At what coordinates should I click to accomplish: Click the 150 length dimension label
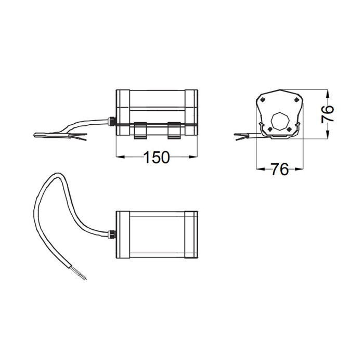pyautogui.click(x=157, y=157)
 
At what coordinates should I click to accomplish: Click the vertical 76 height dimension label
pyautogui.click(x=328, y=114)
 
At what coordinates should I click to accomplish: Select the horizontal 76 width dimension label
pyautogui.click(x=280, y=169)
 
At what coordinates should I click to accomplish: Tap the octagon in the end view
pyautogui.click(x=280, y=122)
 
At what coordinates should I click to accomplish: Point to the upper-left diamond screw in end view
pyautogui.click(x=263, y=100)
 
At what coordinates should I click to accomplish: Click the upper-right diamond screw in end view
pyautogui.click(x=296, y=100)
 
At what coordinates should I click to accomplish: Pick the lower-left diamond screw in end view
pyautogui.click(x=270, y=129)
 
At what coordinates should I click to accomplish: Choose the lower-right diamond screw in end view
pyautogui.click(x=289, y=129)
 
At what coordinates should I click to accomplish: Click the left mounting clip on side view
pyautogui.click(x=140, y=131)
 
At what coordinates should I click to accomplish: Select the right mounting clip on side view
pyautogui.click(x=174, y=131)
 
